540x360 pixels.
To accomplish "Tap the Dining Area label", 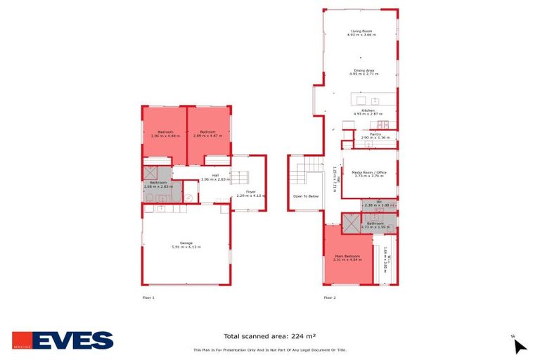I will (x=364, y=72).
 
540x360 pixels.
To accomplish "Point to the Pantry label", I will (x=375, y=136).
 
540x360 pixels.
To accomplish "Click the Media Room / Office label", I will (x=369, y=174).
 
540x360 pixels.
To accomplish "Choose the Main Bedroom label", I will (x=347, y=257).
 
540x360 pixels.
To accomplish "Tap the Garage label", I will (x=186, y=245).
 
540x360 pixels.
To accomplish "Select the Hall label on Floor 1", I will (x=215, y=177).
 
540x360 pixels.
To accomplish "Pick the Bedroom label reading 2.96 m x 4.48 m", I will (x=165, y=134).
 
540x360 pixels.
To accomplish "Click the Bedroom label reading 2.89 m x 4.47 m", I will (x=207, y=134).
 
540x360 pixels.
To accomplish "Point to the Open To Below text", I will (x=306, y=196).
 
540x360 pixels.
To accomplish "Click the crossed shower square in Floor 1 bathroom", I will (x=151, y=173).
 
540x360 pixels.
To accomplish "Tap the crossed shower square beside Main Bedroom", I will (x=349, y=224).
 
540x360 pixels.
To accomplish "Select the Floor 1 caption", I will (x=148, y=298).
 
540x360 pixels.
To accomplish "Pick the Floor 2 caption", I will (x=330, y=298).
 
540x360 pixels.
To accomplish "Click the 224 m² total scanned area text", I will (x=269, y=337).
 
